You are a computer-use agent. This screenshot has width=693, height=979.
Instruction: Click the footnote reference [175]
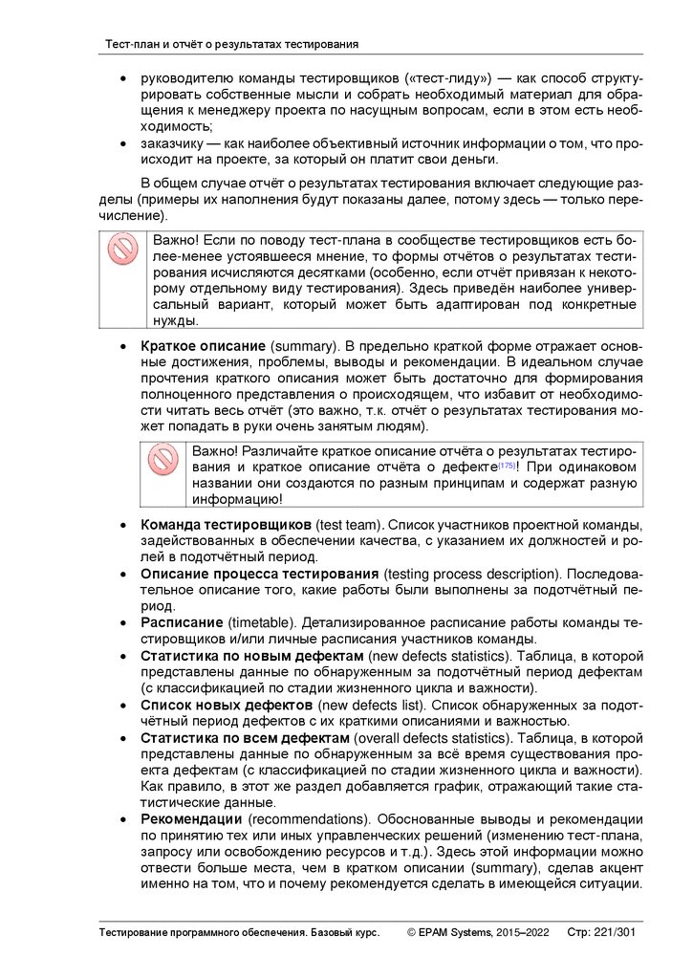click(506, 466)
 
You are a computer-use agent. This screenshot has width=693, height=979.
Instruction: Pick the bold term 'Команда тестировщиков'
click(226, 527)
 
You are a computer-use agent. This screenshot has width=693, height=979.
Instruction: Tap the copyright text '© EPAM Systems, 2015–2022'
click(477, 931)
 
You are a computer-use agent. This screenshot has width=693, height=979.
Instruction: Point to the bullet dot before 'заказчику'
click(120, 144)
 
